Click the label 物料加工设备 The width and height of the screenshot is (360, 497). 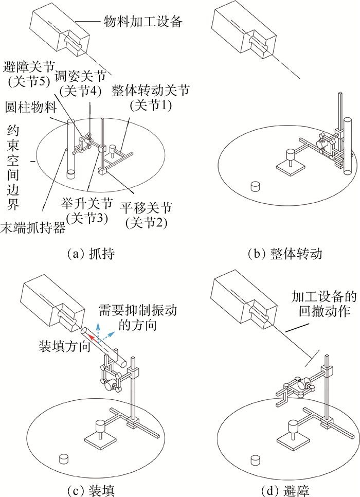click(143, 21)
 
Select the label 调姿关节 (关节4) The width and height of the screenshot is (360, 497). click(80, 83)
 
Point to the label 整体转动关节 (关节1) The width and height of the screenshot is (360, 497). click(150, 98)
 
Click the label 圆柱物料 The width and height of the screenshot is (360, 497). click(31, 108)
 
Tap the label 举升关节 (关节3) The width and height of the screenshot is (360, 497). click(86, 211)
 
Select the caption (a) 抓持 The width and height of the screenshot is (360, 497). click(91, 254)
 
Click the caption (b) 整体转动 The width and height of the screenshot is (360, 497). click(285, 254)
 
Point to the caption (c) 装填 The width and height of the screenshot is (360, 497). click(91, 490)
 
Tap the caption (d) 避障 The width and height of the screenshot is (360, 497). click(285, 490)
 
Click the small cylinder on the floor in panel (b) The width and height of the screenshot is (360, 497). click(255, 186)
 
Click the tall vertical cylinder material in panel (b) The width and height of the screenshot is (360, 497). click(347, 146)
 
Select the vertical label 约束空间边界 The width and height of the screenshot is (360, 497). click(13, 168)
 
